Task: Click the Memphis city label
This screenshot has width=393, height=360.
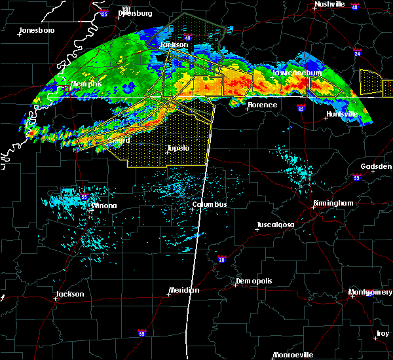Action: click(86, 84)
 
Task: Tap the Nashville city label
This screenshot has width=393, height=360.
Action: click(329, 4)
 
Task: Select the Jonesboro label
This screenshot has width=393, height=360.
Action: click(37, 30)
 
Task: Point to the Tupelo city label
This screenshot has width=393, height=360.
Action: click(178, 148)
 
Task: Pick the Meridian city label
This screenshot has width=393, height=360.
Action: click(184, 290)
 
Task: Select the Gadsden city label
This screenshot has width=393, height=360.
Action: click(376, 166)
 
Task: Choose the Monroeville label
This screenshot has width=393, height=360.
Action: click(293, 354)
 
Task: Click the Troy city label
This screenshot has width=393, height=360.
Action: click(382, 334)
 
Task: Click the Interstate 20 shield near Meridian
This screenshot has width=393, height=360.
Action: click(222, 260)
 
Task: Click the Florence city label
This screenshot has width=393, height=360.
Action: click(262, 105)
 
